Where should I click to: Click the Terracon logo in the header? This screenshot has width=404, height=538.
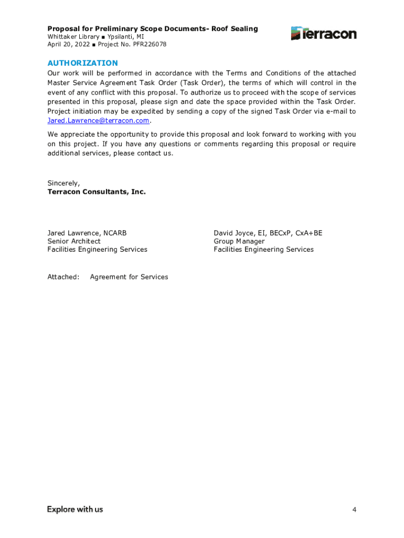coord(324,34)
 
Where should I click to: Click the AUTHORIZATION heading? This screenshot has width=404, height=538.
coord(83,63)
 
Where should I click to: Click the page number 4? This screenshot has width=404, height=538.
coord(354,510)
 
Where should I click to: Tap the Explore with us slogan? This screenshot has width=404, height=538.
coord(75,509)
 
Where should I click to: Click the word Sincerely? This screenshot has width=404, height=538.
coord(63,183)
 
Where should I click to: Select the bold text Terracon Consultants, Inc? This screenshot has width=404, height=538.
coord(97,192)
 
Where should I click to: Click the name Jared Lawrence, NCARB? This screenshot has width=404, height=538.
coord(87,233)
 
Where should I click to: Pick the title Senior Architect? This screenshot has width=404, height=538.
coord(74,241)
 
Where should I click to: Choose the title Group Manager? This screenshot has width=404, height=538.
coord(239,241)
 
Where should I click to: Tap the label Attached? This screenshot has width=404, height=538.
coord(63,277)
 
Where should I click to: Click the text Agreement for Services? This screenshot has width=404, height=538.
coord(129,277)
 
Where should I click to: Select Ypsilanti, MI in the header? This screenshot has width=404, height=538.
coord(125,37)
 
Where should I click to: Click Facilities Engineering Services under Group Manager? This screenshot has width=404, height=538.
coord(263,250)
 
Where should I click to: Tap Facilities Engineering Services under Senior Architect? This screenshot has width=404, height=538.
coord(97,250)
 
